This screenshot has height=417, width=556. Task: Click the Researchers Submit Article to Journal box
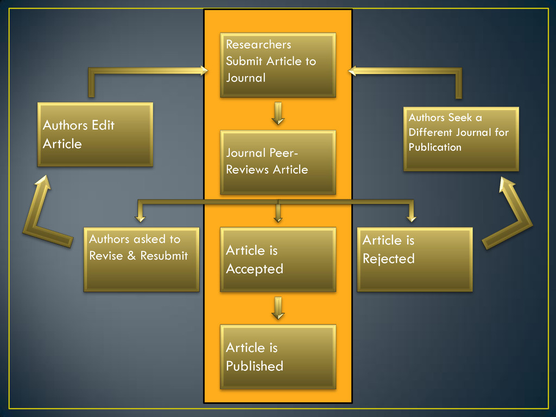(277, 65)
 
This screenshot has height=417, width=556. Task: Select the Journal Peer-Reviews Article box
(277, 162)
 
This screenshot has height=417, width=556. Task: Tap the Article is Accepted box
(277, 259)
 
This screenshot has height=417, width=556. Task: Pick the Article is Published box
(277, 356)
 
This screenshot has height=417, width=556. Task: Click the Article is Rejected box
(414, 259)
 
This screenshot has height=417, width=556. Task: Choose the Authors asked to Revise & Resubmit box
(141, 259)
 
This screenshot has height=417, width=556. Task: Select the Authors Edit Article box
(95, 134)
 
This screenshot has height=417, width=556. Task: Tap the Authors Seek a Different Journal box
(461, 138)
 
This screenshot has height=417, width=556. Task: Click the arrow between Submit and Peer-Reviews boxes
(278, 113)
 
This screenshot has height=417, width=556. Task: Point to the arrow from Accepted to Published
(278, 308)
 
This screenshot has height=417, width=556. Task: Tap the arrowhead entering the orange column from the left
(203, 70)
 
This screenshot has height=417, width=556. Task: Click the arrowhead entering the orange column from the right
(352, 70)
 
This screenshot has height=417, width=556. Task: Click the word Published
(254, 366)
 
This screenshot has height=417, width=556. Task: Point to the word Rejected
(388, 258)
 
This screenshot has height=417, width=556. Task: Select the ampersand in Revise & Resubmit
(131, 255)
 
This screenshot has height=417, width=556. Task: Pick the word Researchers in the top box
(258, 45)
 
